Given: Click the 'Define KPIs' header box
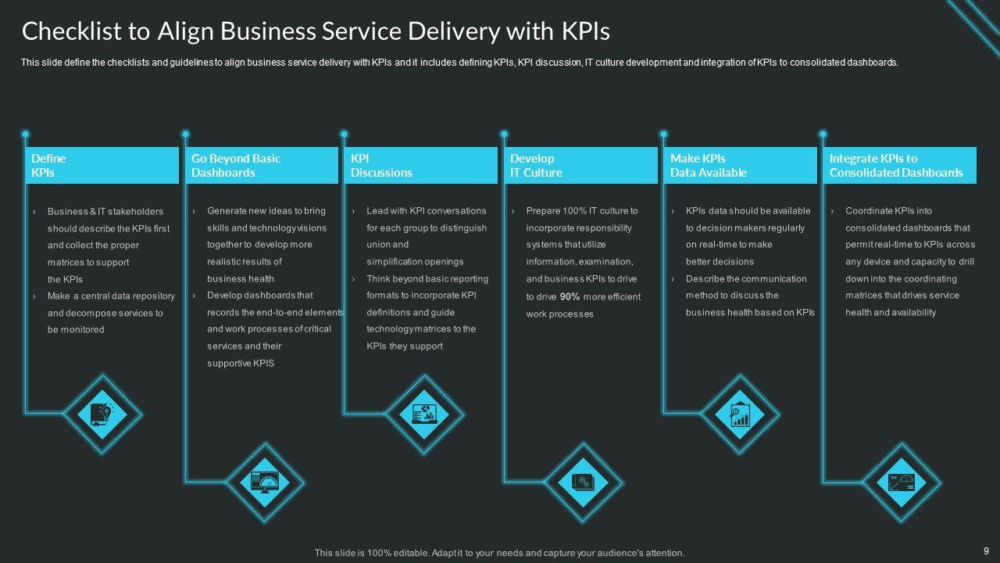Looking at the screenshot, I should point(102,165).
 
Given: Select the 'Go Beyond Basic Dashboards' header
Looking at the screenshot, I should point(262,165).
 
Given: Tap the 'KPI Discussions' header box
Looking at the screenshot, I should point(421,165).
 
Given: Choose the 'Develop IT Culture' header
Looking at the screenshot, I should point(580,165).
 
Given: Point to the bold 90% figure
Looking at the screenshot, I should point(570,296).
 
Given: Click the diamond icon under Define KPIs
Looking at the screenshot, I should point(102,413).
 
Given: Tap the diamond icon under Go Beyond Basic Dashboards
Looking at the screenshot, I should point(265,481).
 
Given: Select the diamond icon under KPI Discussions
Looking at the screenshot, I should point(423,413).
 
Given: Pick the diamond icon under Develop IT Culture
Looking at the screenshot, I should point(583,481).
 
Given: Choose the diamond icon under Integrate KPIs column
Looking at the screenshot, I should point(902,482).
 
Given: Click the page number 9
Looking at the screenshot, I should point(986,550).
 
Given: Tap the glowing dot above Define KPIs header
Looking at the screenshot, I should point(26,134).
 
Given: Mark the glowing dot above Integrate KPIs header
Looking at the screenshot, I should point(823,134).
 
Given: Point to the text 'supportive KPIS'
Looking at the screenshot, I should point(241,363).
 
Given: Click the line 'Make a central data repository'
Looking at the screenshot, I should point(111,296).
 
